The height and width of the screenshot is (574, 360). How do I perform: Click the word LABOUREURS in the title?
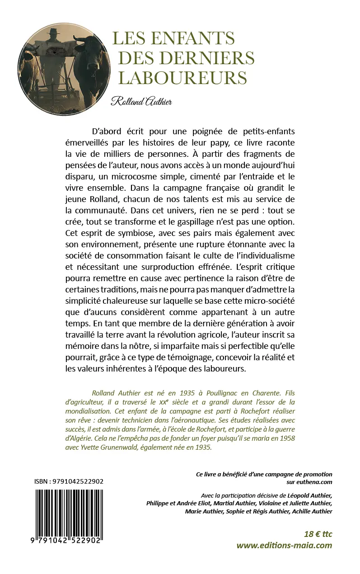182,77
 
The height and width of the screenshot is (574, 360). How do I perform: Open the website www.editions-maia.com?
284,545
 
